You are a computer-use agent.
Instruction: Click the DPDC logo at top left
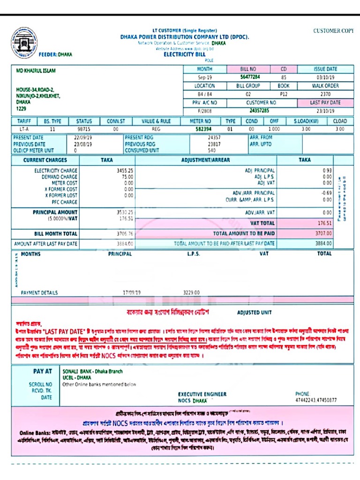pos(24,42)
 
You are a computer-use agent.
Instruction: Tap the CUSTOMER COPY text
pos(333,31)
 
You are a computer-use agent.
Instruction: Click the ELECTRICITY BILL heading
pos(184,55)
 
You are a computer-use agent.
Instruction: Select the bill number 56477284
pos(250,77)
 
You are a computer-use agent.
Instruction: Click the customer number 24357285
pos(259,111)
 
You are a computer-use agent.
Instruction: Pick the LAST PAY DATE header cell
pos(325,102)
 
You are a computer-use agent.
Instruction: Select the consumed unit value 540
pos(212,151)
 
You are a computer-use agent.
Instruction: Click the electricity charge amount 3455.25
pos(125,171)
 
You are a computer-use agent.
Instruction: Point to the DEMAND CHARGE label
pos(60,177)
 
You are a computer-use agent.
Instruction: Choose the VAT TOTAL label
pos(262,224)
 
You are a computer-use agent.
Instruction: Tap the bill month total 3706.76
pos(125,233)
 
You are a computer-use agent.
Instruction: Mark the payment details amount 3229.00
pos(191,293)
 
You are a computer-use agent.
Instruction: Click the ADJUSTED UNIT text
pos(254,313)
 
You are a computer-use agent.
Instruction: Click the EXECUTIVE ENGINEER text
pos(202,395)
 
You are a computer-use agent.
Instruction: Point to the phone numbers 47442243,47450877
pos(315,401)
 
